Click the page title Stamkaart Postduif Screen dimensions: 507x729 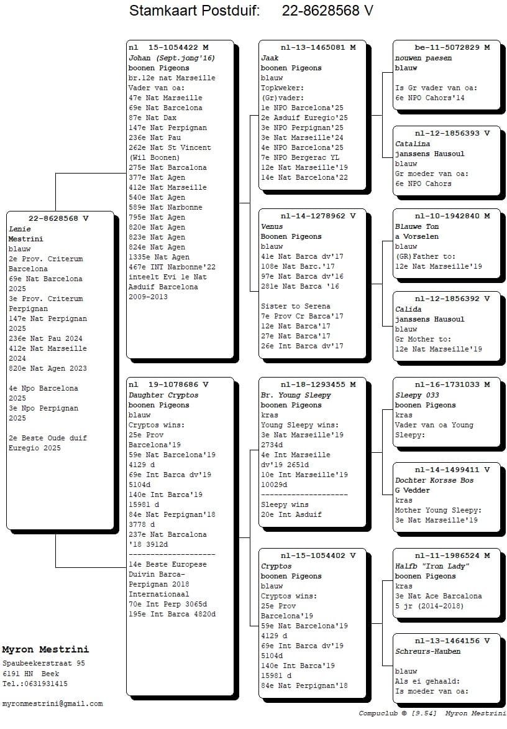pos(194,11)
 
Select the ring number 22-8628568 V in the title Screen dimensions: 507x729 pos(327,11)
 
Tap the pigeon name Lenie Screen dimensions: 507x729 pos(19,229)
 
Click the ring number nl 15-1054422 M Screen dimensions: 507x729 pos(168,47)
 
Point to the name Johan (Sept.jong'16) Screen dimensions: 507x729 pos(171,58)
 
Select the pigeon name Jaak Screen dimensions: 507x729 pos(270,58)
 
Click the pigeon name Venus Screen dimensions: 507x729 pos(272,226)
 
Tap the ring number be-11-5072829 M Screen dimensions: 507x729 pos(452,47)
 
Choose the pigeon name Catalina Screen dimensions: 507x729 pos(413,144)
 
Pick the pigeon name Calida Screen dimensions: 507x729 pos(408,309)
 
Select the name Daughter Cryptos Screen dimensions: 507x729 pos(163,395)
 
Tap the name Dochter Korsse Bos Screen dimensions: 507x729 pos(434,480)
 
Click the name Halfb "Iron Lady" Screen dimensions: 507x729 pos(432,566)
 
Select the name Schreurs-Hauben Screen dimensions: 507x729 pos(427,651)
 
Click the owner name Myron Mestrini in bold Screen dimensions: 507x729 pos(45,649)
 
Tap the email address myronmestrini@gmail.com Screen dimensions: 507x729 pos(52,704)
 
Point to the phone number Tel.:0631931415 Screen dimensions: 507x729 pos(35,684)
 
